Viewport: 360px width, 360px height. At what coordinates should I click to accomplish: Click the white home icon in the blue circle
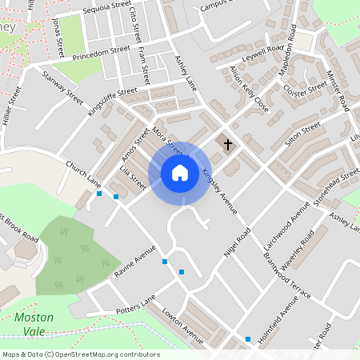point(180,172)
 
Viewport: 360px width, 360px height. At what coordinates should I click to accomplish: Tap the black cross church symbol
point(228,145)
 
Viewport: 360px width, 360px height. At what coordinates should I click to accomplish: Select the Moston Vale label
point(34,323)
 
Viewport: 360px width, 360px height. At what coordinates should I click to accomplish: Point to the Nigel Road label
point(238,241)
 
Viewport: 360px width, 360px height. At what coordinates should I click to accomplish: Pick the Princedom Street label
point(101,50)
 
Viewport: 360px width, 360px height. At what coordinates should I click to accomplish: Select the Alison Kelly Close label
point(249,88)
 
